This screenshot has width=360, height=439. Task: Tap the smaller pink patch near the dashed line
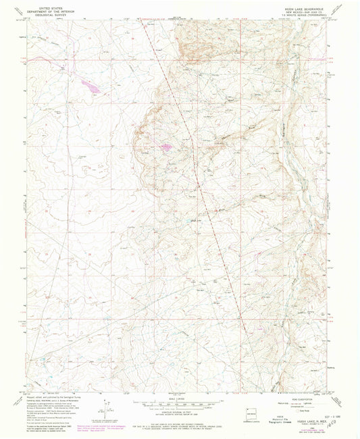click(164, 146)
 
